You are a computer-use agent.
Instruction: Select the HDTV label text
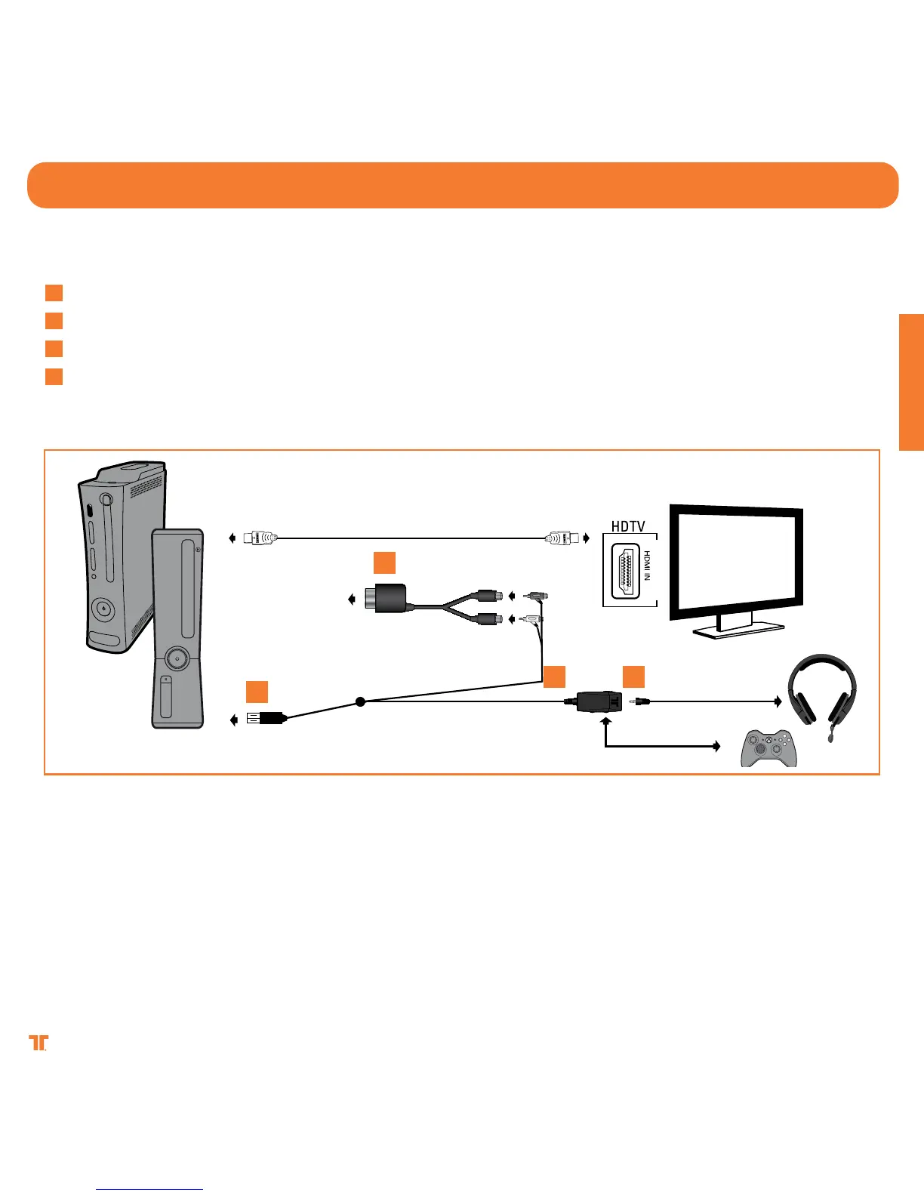[628, 526]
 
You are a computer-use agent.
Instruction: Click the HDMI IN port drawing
[625, 571]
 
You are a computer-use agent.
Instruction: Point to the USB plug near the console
[264, 719]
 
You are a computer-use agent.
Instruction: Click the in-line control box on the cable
[598, 701]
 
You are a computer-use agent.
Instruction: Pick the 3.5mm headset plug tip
[640, 702]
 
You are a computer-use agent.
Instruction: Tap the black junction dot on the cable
[360, 702]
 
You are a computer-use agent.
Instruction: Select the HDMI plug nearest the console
[260, 538]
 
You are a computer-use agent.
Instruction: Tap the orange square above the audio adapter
[384, 563]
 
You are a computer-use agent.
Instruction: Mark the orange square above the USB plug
[256, 692]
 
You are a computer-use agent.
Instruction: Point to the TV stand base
[738, 630]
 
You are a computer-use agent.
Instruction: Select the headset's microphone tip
[832, 739]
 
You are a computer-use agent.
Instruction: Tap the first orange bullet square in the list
[54, 293]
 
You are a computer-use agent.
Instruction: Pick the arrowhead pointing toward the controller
[717, 747]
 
